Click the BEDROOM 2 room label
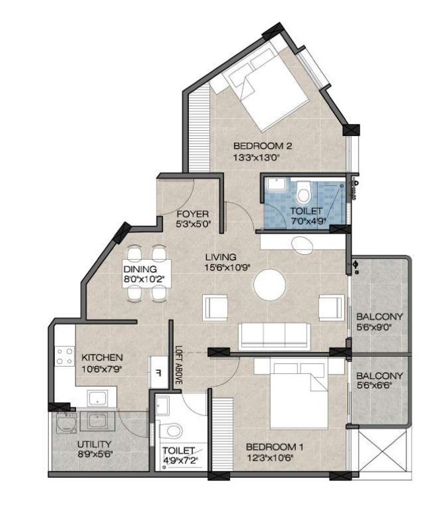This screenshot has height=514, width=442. (262, 146)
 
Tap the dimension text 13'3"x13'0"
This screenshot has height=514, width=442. (256, 158)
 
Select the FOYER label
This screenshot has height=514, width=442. (193, 214)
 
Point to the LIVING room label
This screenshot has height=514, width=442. (221, 257)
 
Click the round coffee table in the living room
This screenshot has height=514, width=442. (270, 285)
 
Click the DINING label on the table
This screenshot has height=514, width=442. (140, 269)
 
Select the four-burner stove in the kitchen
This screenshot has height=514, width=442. (65, 356)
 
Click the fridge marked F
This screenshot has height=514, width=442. (159, 373)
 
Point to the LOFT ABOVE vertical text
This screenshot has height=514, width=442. (178, 365)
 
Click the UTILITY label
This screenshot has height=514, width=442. (94, 445)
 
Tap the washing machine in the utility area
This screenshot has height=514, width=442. (66, 423)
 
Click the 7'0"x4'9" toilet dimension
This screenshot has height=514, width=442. (308, 221)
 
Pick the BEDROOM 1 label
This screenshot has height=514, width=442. (274, 447)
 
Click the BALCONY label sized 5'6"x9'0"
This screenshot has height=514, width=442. (379, 317)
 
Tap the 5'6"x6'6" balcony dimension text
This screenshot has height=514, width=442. (375, 386)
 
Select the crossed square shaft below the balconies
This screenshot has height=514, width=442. (383, 450)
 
